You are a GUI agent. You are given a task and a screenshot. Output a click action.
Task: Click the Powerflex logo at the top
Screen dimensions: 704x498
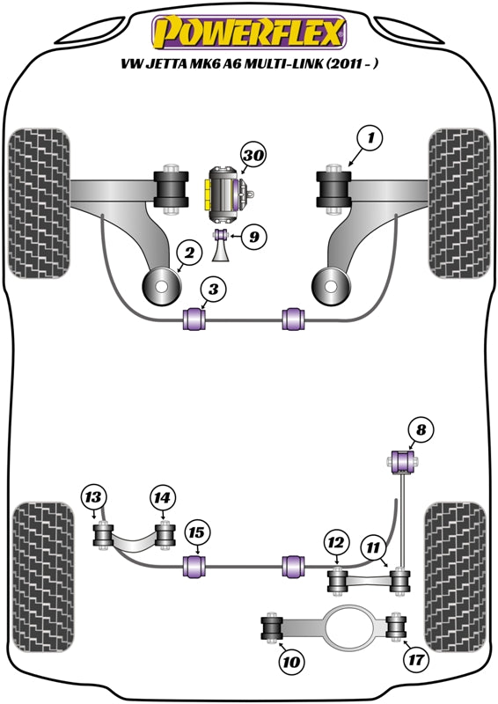click(249, 33)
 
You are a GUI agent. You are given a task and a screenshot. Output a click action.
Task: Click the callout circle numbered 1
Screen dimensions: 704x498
click(370, 137)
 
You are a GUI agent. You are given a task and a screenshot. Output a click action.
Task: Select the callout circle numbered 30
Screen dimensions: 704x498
click(253, 157)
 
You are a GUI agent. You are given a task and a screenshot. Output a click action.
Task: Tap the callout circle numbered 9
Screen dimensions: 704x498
click(253, 236)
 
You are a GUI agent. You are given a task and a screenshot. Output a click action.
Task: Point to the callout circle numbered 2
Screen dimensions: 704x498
click(187, 254)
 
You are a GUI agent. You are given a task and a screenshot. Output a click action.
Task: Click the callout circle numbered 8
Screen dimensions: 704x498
click(421, 430)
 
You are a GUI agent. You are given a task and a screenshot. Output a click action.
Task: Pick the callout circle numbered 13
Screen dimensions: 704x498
click(94, 498)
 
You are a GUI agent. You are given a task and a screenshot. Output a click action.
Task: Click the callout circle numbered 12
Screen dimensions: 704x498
click(334, 541)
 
